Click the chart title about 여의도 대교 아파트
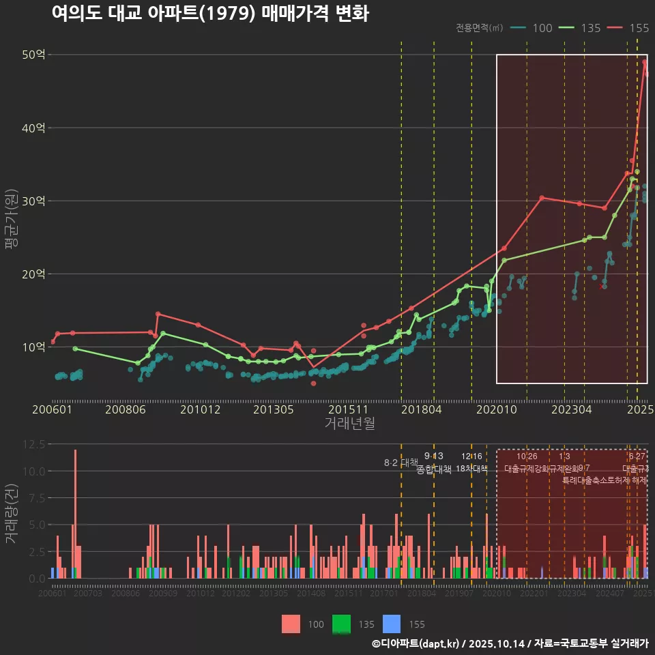(210, 14)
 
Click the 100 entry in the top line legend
(542, 28)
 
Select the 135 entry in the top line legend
(590, 28)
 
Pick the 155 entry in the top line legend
(639, 28)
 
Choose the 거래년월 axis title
(349, 424)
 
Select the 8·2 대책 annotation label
(401, 463)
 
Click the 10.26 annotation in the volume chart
(527, 456)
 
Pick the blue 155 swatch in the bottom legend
(392, 624)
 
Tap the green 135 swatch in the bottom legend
(341, 624)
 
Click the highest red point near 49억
(644, 62)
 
